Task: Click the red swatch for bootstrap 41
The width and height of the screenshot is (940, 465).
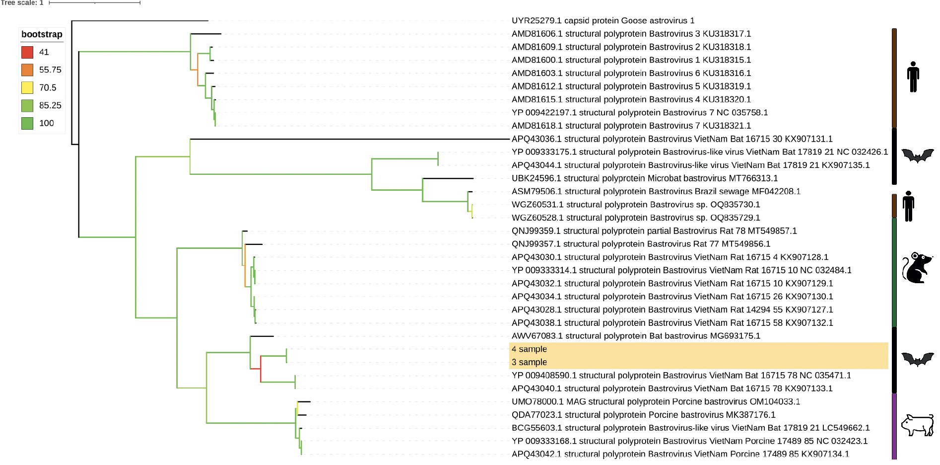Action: [x=27, y=52]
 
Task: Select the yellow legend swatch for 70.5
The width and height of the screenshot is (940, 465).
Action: [x=27, y=88]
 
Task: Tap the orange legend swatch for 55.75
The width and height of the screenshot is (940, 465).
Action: [x=27, y=70]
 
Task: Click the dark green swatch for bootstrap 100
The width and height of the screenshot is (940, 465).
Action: [x=27, y=123]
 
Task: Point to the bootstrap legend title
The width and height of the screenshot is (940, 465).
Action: [x=42, y=34]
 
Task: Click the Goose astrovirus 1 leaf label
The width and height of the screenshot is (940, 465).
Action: [x=603, y=21]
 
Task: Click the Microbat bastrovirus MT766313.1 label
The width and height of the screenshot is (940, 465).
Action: [x=644, y=178]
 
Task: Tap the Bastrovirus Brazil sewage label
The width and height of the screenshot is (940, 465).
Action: [x=656, y=191]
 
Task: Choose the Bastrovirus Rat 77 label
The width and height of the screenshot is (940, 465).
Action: [x=641, y=244]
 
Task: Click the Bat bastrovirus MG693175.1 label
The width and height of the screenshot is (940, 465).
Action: [x=636, y=336]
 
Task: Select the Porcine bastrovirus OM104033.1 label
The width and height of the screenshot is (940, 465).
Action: [x=656, y=401]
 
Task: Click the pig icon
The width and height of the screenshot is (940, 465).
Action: [x=917, y=425]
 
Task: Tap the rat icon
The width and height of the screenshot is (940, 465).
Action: [x=916, y=268]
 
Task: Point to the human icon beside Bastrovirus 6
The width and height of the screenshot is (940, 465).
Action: [x=913, y=77]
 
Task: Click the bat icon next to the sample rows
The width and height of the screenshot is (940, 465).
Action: [x=917, y=359]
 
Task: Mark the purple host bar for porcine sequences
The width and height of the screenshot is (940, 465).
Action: [x=894, y=426]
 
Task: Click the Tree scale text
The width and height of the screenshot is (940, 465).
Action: [x=22, y=3]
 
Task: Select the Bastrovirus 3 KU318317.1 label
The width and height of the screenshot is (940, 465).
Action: [x=631, y=34]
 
